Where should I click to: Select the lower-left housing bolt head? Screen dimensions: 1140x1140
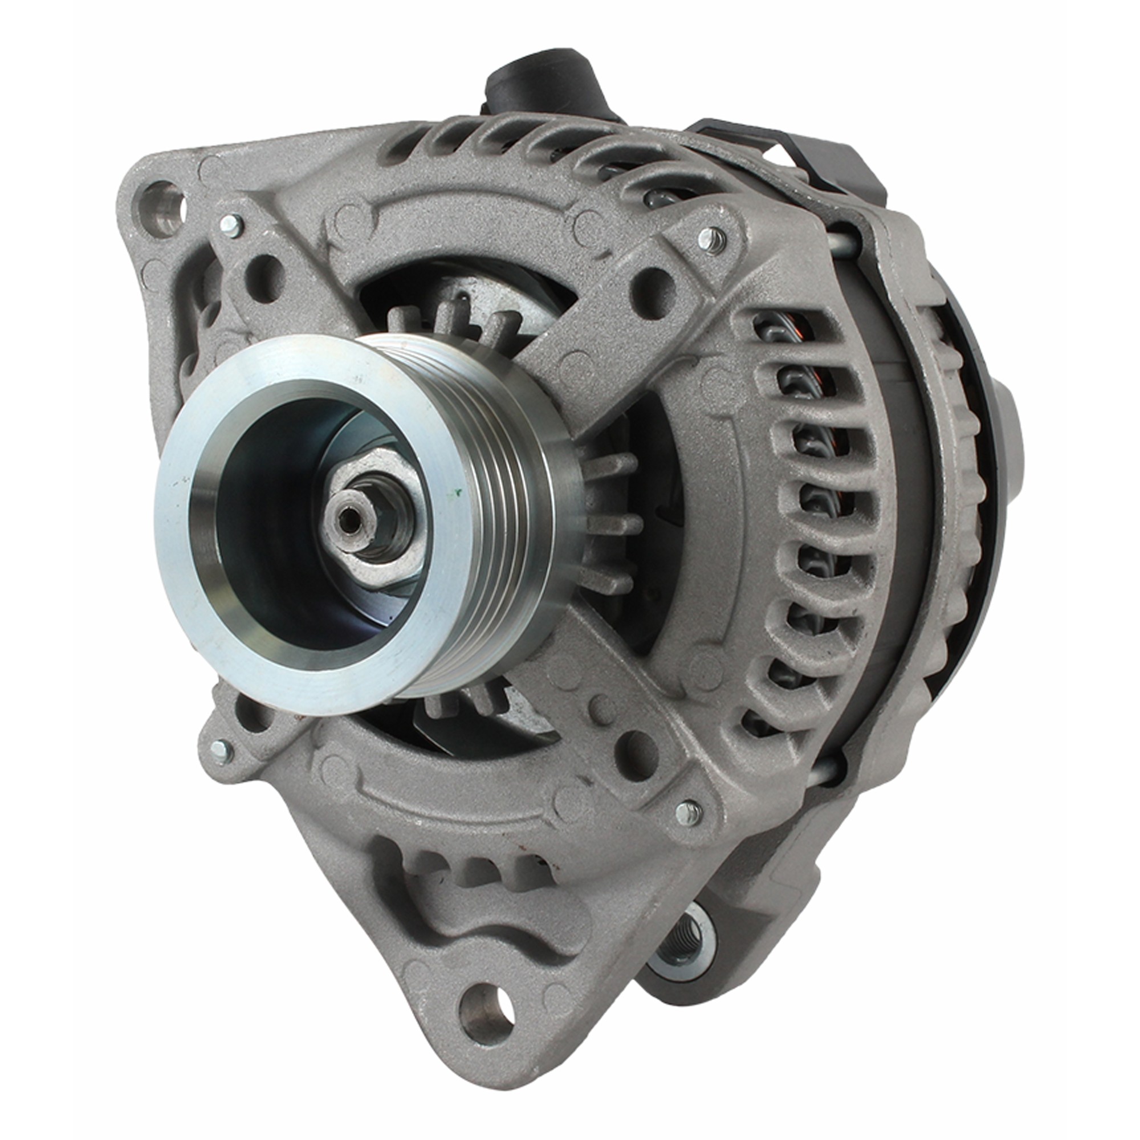click(219, 751)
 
